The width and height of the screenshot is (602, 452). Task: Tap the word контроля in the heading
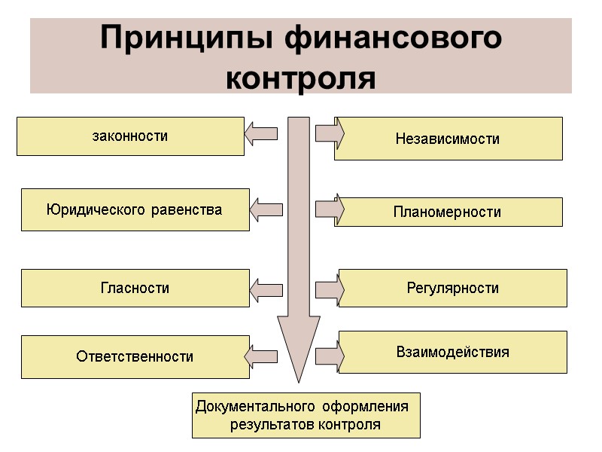[x=300, y=77]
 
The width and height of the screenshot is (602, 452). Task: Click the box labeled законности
[x=130, y=136]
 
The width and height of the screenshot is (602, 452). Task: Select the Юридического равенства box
[x=135, y=209]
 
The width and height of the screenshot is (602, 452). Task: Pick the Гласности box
[x=135, y=288]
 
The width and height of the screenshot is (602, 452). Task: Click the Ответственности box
[x=135, y=356]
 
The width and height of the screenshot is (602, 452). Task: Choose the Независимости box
[x=448, y=139]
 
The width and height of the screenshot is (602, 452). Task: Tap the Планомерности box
[x=448, y=212]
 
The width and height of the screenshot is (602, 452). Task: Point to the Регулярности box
[x=452, y=288]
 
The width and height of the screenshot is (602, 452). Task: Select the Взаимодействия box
[x=452, y=352]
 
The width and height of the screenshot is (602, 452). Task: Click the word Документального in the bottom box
[x=257, y=407]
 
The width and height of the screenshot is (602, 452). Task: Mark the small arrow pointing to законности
[x=261, y=134]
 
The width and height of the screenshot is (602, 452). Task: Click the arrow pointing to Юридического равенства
[x=266, y=209]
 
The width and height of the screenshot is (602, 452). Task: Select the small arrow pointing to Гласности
[x=266, y=289]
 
